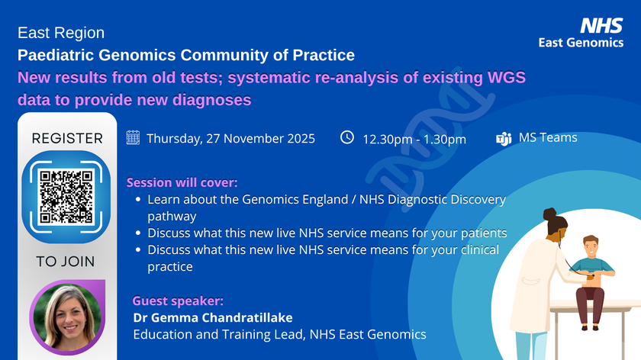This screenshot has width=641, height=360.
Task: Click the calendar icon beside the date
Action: pyautogui.click(x=133, y=138)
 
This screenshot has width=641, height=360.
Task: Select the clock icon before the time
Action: pyautogui.click(x=346, y=137)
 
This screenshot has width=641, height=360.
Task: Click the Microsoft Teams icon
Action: pyautogui.click(x=504, y=139)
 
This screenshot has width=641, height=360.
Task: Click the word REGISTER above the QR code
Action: pyautogui.click(x=67, y=138)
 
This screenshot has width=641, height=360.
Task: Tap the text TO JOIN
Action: pyautogui.click(x=66, y=262)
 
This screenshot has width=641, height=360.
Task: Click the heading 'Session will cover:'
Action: pyautogui.click(x=182, y=183)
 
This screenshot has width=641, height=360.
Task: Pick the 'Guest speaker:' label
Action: pyautogui.click(x=178, y=301)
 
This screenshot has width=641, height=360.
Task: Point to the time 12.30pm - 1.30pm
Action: pyautogui.click(x=414, y=139)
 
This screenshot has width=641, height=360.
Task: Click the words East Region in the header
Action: pyautogui.click(x=61, y=33)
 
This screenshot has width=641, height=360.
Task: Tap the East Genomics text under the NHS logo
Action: pyautogui.click(x=581, y=43)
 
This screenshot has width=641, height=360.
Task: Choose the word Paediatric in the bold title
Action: pyautogui.click(x=56, y=55)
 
